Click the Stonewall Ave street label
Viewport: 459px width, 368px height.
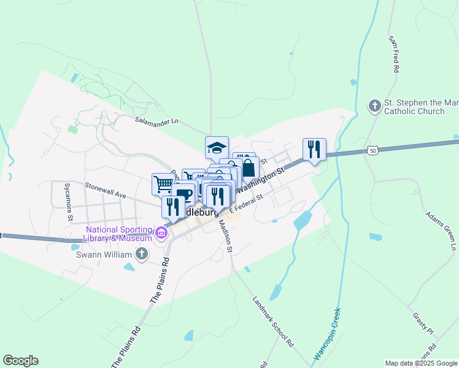105,190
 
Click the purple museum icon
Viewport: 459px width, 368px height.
162,232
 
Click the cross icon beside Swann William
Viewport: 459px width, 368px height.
142,254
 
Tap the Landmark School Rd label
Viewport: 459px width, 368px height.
273,318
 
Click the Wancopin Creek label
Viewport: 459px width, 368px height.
327,335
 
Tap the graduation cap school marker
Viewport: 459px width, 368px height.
217,148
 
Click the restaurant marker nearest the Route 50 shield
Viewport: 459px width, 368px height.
314,149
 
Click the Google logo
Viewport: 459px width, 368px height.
20,361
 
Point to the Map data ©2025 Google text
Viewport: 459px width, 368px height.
420,363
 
